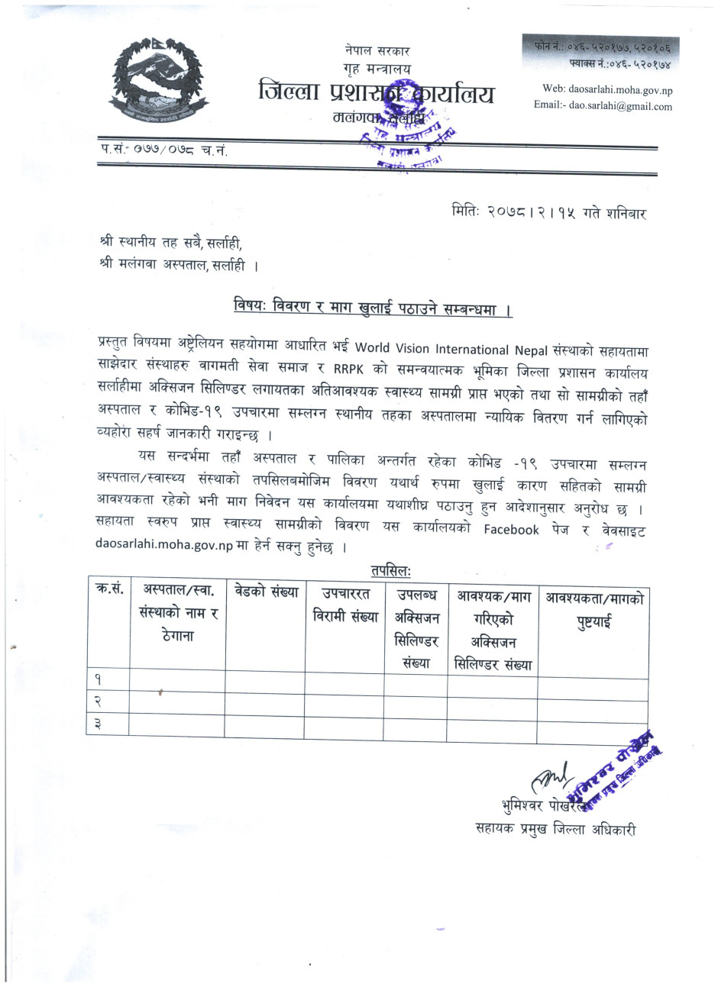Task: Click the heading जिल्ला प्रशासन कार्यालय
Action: click(376, 95)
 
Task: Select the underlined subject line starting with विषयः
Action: click(373, 309)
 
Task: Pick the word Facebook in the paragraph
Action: click(511, 530)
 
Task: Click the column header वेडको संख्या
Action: click(267, 592)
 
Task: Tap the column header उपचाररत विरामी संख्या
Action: click(345, 605)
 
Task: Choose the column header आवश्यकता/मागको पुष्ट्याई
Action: click(593, 610)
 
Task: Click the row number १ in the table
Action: click(98, 679)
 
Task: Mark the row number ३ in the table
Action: click(98, 724)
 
